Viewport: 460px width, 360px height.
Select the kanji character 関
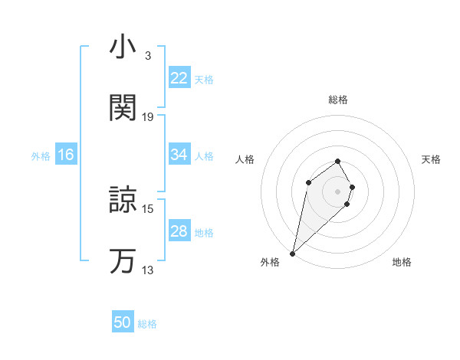(123, 108)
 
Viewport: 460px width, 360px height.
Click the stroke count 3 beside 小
(147, 56)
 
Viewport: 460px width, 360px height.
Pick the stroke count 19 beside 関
(148, 117)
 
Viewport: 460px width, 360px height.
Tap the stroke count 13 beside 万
(148, 270)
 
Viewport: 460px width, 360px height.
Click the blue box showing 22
(179, 78)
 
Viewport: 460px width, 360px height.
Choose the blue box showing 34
(179, 155)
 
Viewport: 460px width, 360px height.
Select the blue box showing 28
(179, 231)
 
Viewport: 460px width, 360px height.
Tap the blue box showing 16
(66, 155)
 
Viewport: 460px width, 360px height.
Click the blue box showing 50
(123, 322)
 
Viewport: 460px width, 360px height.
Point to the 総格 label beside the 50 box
(147, 324)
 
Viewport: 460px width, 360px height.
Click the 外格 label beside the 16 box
(41, 156)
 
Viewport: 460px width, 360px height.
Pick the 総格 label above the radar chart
(338, 100)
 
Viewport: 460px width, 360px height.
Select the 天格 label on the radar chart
(431, 159)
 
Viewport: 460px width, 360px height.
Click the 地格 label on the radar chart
(402, 262)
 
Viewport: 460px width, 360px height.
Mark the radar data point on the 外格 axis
(293, 253)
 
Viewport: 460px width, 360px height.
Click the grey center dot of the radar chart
(338, 191)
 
